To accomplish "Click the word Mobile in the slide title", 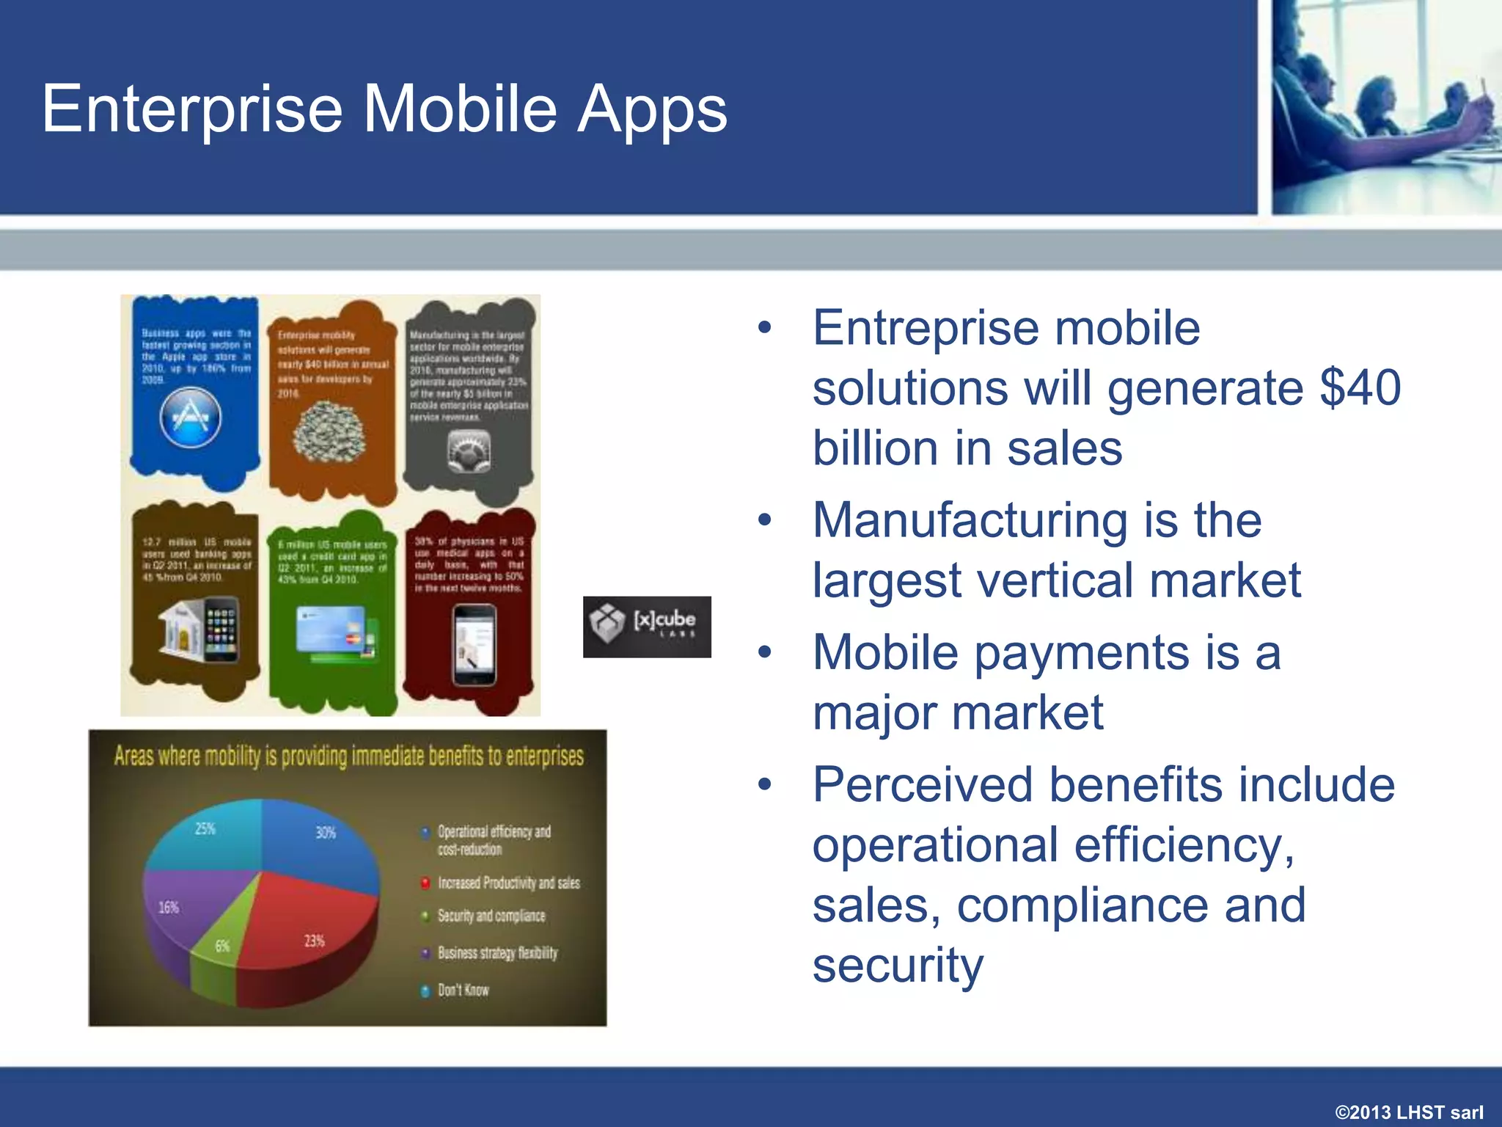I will pyautogui.click(x=460, y=109).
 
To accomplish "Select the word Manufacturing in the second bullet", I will pyautogui.click(x=970, y=520).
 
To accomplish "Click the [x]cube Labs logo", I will pyautogui.click(x=647, y=627).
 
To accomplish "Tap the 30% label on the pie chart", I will pyautogui.click(x=326, y=833).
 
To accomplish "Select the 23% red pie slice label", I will pyautogui.click(x=314, y=941).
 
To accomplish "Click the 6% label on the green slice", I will pyautogui.click(x=222, y=946).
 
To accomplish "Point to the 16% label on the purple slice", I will pyautogui.click(x=169, y=908).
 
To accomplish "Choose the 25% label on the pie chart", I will pyautogui.click(x=205, y=829).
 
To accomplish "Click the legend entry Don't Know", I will pyautogui.click(x=463, y=990).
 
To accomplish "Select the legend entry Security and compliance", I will pyautogui.click(x=491, y=916).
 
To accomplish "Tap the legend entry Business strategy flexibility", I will pyautogui.click(x=497, y=953).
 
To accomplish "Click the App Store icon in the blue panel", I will pyautogui.click(x=191, y=417).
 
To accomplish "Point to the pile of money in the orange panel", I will pyautogui.click(x=329, y=434).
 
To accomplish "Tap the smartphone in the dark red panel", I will pyautogui.click(x=474, y=644).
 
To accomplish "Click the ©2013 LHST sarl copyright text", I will pyautogui.click(x=1408, y=1112).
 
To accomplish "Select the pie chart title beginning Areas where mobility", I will pyautogui.click(x=348, y=756).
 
